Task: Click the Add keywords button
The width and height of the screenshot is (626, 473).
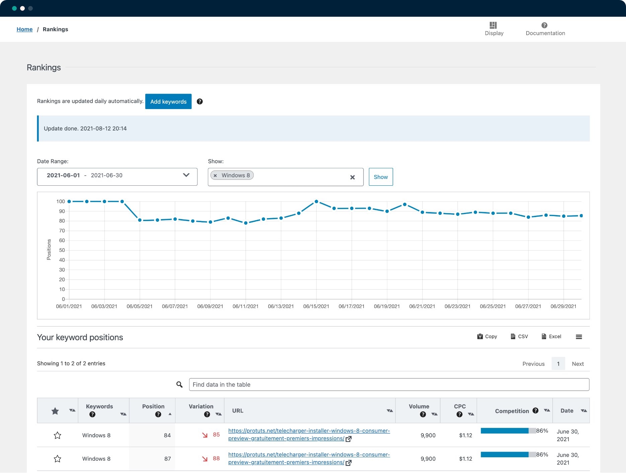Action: [168, 101]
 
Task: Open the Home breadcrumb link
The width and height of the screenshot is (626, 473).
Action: [24, 29]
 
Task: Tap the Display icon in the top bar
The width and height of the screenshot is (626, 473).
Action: [493, 25]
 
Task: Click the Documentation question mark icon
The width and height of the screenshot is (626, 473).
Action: [544, 25]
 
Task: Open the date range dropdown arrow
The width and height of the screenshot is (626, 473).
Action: [186, 175]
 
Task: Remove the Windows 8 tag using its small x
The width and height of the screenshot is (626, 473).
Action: [215, 175]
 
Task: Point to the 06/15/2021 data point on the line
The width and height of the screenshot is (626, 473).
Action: [316, 201]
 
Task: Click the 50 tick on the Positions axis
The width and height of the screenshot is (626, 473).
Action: [62, 250]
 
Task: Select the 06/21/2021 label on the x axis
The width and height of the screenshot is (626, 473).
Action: [422, 306]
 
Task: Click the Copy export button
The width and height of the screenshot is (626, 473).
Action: [487, 337]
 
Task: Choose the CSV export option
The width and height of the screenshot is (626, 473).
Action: [519, 337]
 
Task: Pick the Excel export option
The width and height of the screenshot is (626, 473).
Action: [551, 337]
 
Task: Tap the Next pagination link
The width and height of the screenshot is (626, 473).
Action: [577, 364]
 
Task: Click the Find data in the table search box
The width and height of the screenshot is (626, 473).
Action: [389, 384]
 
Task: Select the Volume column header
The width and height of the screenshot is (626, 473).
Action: [419, 406]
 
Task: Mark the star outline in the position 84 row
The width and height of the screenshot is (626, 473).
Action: [58, 435]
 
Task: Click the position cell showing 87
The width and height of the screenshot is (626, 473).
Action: [167, 459]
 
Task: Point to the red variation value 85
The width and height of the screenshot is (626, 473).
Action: [216, 435]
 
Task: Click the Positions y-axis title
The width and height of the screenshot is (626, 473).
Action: [49, 250]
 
